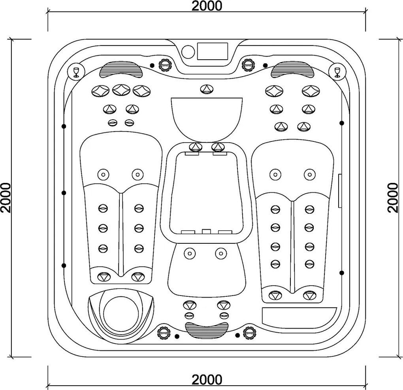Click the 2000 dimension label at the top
click(x=207, y=6)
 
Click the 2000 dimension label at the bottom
click(x=207, y=379)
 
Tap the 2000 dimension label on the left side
click(x=6, y=198)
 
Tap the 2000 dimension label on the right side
click(x=392, y=198)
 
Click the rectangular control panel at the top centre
click(x=213, y=51)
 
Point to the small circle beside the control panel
click(x=188, y=51)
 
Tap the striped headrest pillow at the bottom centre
click(x=207, y=330)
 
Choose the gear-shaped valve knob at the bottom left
click(x=164, y=333)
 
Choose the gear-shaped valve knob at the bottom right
click(x=249, y=333)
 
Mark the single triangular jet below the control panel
click(x=207, y=89)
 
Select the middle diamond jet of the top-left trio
click(x=121, y=90)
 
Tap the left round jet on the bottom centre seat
click(x=190, y=253)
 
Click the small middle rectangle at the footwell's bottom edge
click(x=206, y=232)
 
